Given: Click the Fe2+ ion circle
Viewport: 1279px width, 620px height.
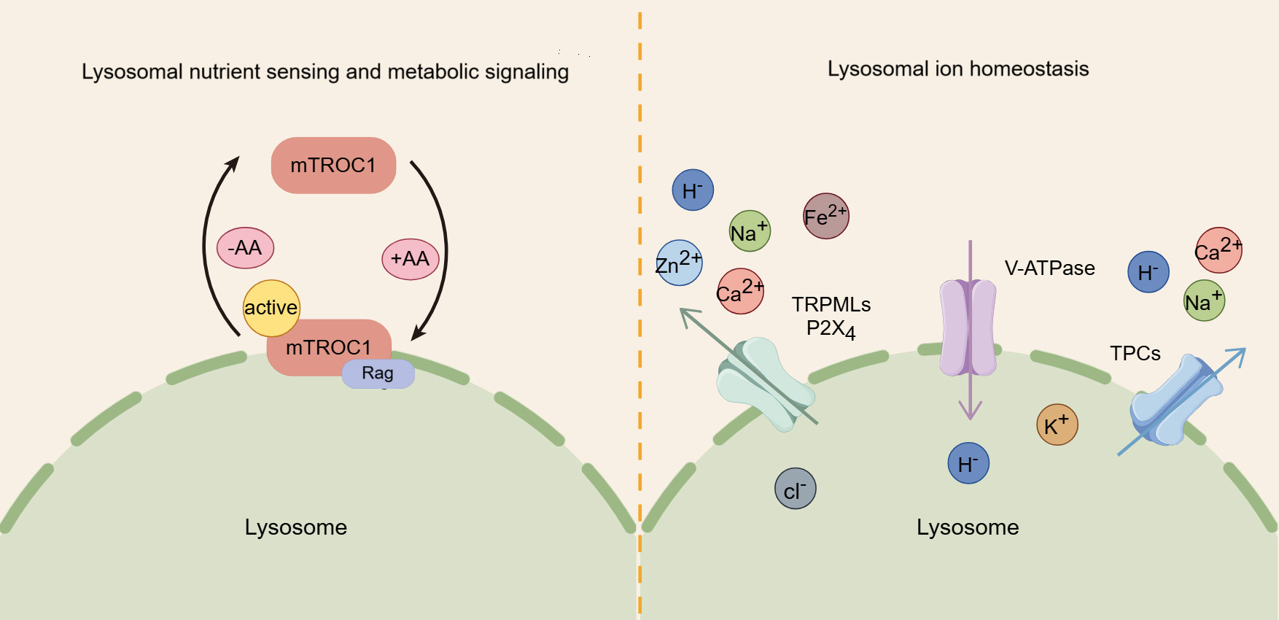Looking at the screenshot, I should click(825, 216).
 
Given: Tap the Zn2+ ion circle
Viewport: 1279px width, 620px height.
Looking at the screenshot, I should click(679, 263).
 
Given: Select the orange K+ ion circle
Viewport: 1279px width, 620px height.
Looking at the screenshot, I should click(1057, 425).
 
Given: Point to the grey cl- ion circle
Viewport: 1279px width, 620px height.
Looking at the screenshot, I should click(795, 489).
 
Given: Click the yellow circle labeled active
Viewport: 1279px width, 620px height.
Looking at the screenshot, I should click(271, 308).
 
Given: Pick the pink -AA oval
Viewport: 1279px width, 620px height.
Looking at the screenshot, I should click(245, 248).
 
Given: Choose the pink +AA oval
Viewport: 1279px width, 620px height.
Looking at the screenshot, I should click(410, 259).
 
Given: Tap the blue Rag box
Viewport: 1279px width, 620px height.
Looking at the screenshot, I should click(378, 373).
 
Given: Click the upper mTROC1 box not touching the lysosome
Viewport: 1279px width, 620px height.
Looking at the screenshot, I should click(333, 166).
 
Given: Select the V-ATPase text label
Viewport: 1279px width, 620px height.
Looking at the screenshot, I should click(1049, 268).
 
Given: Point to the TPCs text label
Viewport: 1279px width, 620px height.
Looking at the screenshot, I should click(1135, 354).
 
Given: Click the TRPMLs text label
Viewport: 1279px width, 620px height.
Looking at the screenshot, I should click(831, 304).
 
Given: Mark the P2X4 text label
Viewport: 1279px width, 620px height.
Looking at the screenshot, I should click(831, 329).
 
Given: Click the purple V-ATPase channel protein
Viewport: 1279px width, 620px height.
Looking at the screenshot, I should click(968, 328).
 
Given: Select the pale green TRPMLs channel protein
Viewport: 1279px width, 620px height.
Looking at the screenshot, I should click(766, 383).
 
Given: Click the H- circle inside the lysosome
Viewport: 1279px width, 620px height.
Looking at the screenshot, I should click(968, 463).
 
